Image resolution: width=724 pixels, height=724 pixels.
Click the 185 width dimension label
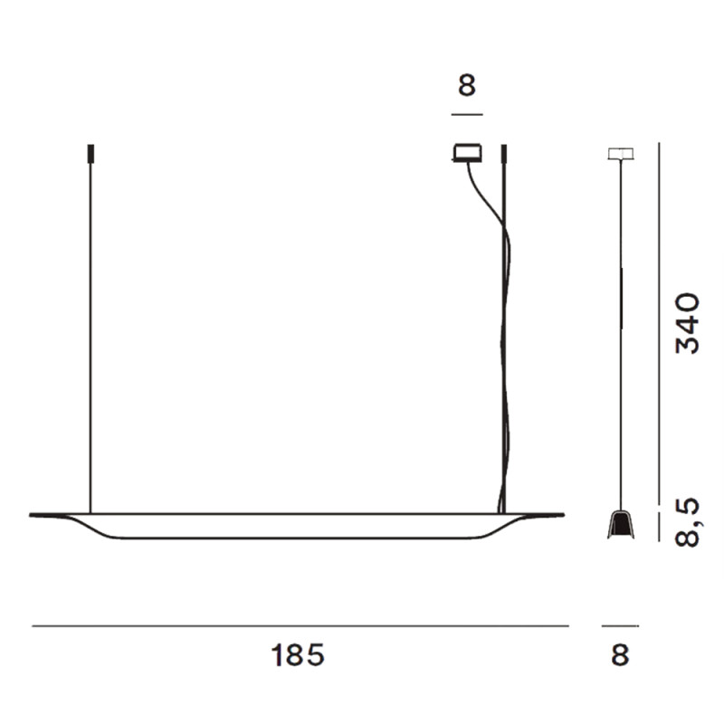pyautogui.click(x=298, y=654)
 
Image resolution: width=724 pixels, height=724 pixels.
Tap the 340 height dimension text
pyautogui.click(x=688, y=323)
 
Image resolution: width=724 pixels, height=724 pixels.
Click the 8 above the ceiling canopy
pyautogui.click(x=466, y=87)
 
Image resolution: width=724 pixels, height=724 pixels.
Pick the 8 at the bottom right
pyautogui.click(x=619, y=654)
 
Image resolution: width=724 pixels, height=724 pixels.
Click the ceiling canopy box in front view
pyautogui.click(x=465, y=153)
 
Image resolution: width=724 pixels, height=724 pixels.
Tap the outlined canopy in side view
pyautogui.click(x=620, y=153)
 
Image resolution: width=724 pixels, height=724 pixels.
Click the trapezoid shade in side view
pyautogui.click(x=621, y=525)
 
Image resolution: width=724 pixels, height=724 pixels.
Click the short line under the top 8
pyautogui.click(x=466, y=114)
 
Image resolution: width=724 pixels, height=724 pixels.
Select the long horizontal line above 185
pyautogui.click(x=299, y=625)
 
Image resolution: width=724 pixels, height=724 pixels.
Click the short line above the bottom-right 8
pyautogui.click(x=620, y=625)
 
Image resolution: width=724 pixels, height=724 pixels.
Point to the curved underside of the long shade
pyautogui.click(x=299, y=538)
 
